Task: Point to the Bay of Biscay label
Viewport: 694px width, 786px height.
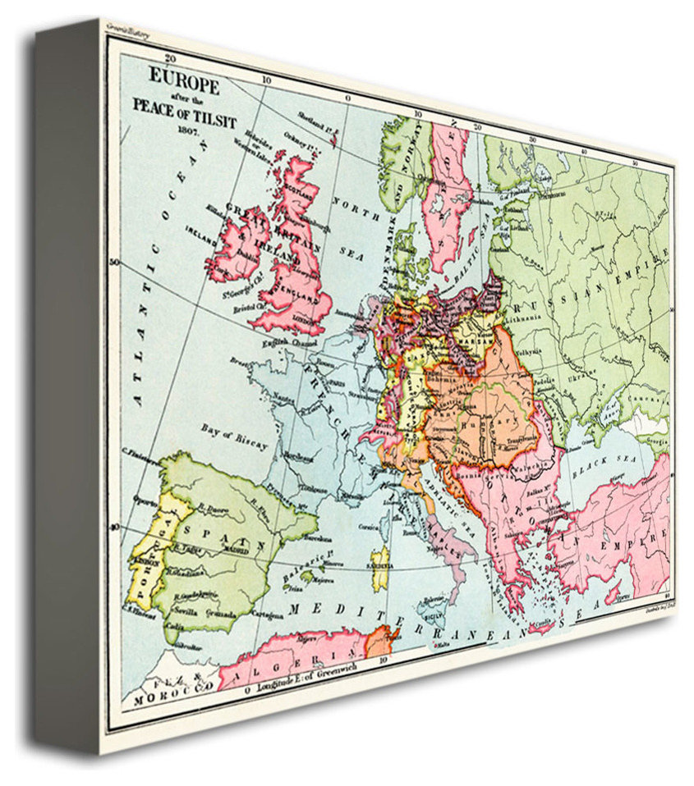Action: (x=234, y=436)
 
